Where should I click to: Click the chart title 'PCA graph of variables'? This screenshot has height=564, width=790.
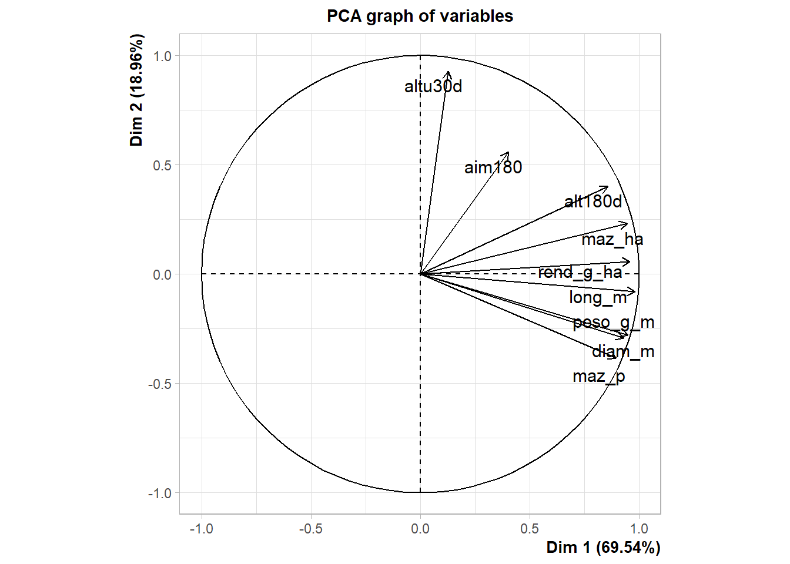[420, 16]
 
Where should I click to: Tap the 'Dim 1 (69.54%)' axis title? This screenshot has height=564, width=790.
[603, 548]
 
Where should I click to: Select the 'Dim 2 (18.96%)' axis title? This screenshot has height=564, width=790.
[137, 90]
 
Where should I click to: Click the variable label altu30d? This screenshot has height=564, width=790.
[433, 86]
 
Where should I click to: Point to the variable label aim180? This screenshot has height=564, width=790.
[493, 167]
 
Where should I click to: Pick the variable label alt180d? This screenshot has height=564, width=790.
[592, 202]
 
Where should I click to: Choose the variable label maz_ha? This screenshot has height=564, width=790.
[612, 239]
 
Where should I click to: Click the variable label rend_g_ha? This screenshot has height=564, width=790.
[580, 272]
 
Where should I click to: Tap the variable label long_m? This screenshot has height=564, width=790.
[598, 297]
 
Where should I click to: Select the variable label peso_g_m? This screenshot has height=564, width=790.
[613, 322]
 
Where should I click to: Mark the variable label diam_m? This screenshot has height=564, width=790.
[622, 351]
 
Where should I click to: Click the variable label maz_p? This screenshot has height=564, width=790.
[598, 376]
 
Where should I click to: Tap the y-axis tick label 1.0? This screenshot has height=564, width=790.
[162, 56]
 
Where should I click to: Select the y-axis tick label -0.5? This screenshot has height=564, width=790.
[160, 384]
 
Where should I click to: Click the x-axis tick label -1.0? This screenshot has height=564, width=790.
[201, 529]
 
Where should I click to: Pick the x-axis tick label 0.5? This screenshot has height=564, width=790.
[530, 529]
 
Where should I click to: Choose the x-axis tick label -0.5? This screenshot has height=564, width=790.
[310, 529]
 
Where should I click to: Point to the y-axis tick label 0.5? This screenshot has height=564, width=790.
[162, 165]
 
